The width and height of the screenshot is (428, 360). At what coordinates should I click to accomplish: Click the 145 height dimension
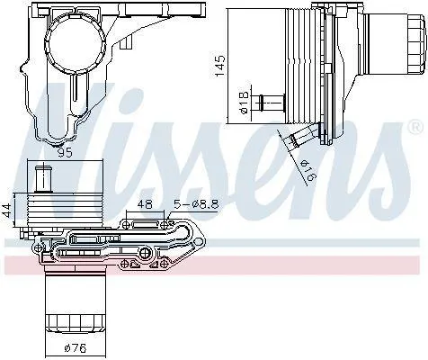tap(220, 66)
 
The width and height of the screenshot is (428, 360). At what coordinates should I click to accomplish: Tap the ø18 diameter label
tap(245, 103)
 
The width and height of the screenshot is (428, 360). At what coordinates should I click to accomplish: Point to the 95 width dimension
tap(65, 153)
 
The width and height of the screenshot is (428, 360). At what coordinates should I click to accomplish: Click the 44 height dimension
tap(8, 209)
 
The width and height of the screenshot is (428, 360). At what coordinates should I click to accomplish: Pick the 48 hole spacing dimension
tap(145, 204)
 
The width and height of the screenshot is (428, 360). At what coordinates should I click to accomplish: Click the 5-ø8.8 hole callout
tap(196, 204)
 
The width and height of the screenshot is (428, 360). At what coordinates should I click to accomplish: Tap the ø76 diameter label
tap(76, 348)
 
